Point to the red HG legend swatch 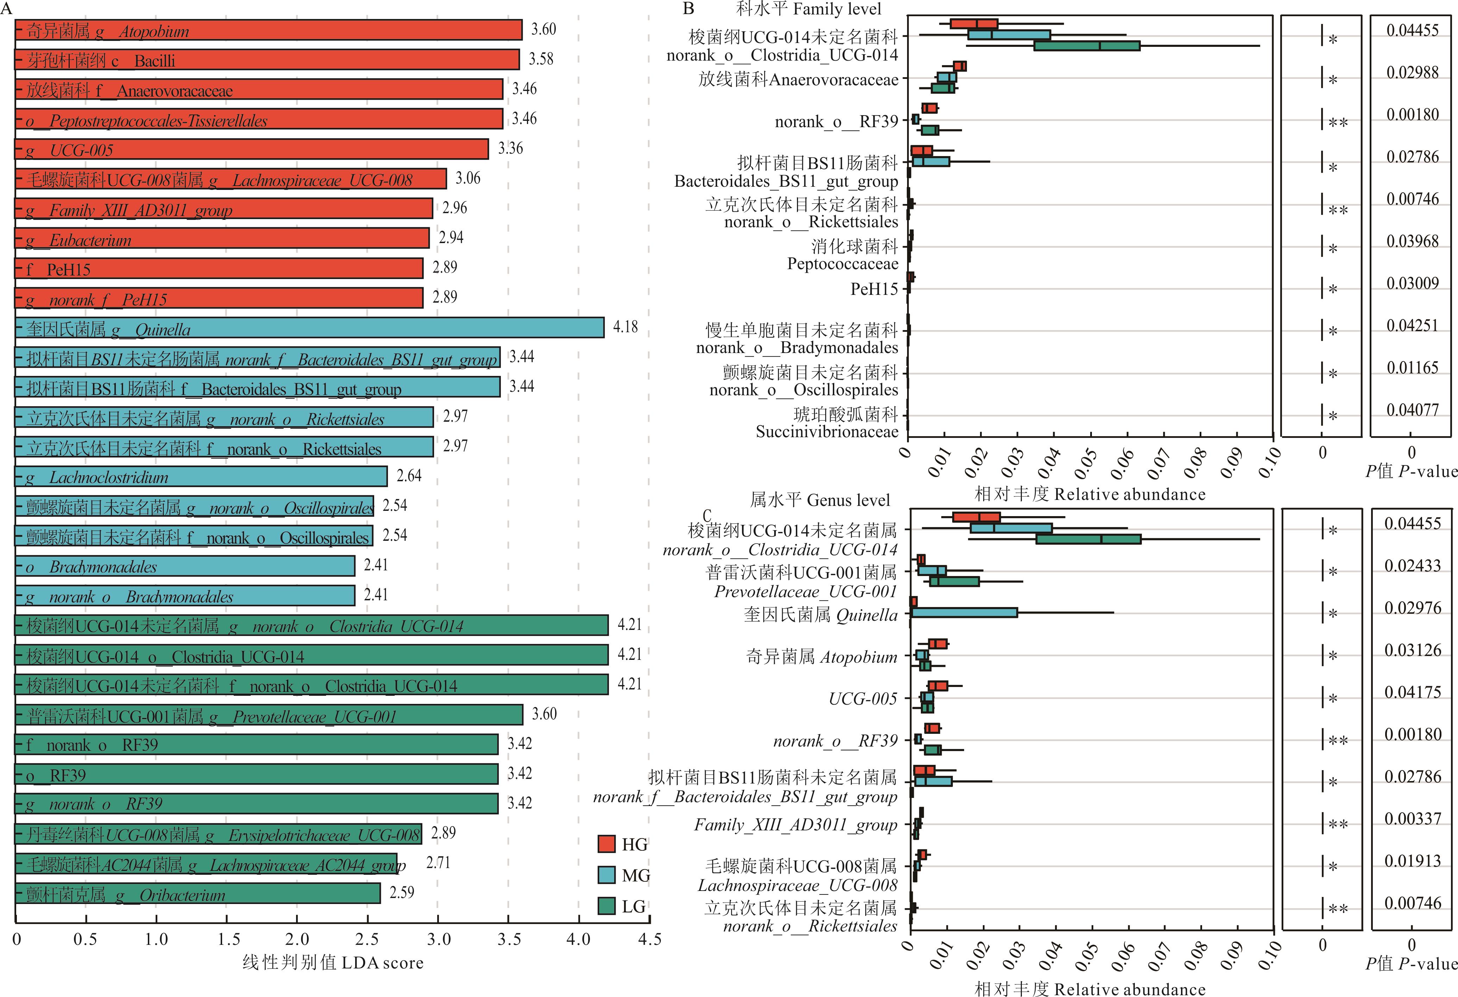[x=607, y=844]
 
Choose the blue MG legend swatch [x=607, y=874]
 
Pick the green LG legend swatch [x=607, y=905]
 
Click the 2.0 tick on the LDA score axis [x=297, y=939]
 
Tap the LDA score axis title [x=333, y=962]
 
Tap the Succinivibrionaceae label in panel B [x=827, y=432]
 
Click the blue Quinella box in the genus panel [x=964, y=613]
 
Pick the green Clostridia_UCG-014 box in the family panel [x=1087, y=46]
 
